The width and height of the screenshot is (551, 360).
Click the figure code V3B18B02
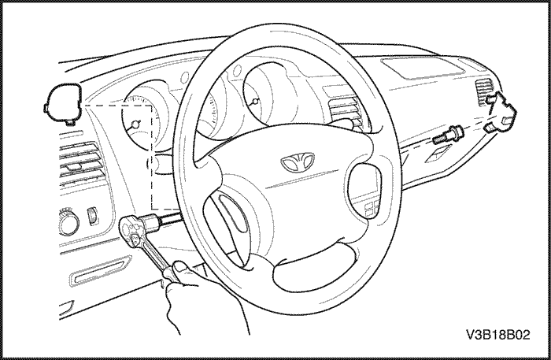(x=498, y=335)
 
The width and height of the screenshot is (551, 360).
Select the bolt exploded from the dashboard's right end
(x=448, y=135)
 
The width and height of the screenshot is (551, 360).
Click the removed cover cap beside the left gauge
(x=63, y=104)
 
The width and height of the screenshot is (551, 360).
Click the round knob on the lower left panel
(x=68, y=222)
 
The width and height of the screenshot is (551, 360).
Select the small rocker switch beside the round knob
(x=92, y=216)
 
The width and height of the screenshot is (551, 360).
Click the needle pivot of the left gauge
(x=135, y=124)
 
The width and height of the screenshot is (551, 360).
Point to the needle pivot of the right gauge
(x=255, y=102)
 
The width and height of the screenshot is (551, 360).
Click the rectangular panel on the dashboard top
(x=423, y=69)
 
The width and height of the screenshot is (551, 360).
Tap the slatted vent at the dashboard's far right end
(x=485, y=91)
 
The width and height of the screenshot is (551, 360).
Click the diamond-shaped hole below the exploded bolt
(x=438, y=155)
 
